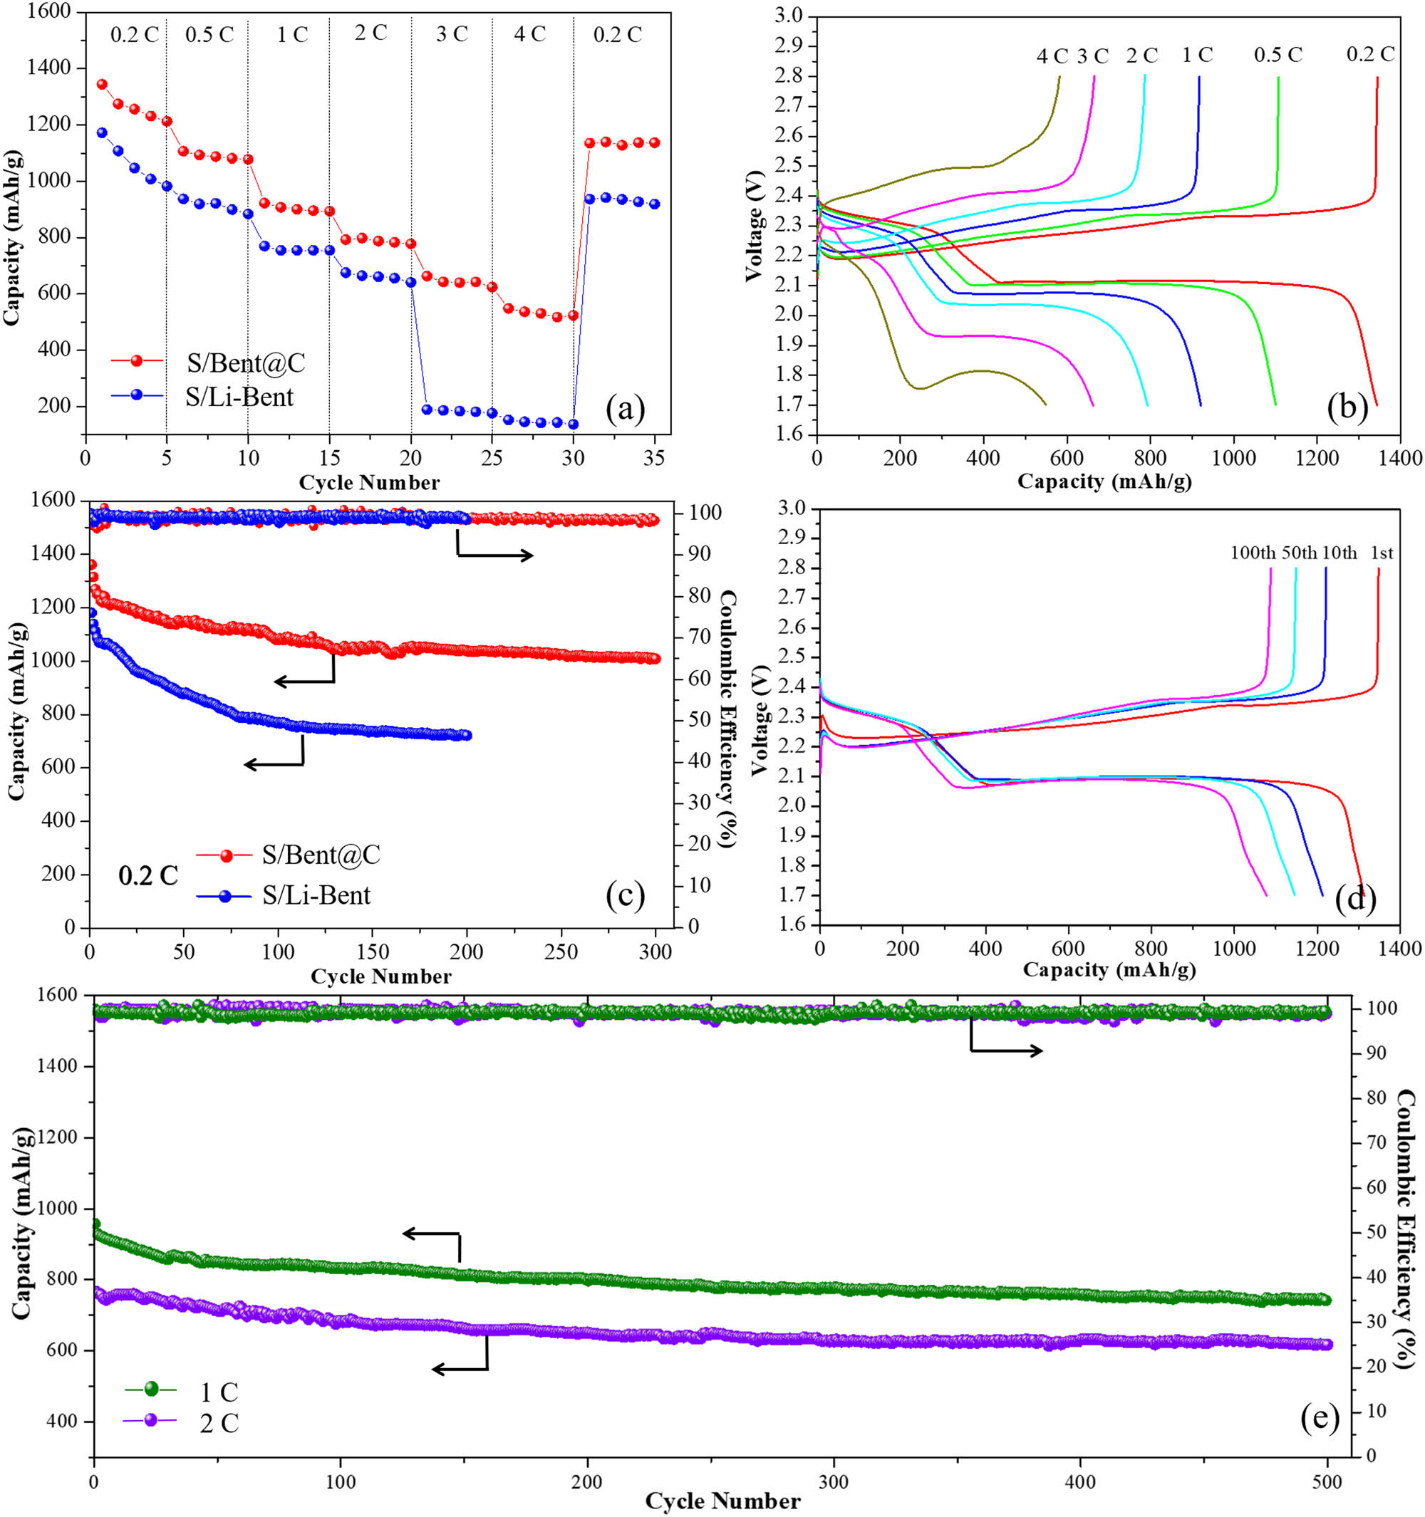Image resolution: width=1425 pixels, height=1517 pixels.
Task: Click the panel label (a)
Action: point(625,409)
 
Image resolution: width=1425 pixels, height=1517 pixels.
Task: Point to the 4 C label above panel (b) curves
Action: point(1051,56)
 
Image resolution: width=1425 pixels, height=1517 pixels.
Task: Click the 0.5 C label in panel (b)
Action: point(1278,55)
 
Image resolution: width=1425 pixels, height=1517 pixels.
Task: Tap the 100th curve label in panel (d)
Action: point(1252,553)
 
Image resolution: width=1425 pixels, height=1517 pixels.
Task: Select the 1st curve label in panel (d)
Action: point(1382,553)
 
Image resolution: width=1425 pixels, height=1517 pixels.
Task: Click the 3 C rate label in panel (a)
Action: point(451,34)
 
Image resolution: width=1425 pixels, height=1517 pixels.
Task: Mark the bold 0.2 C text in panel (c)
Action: point(148,875)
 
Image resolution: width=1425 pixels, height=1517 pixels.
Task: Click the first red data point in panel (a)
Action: point(101,84)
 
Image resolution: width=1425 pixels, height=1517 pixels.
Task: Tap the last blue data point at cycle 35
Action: point(654,204)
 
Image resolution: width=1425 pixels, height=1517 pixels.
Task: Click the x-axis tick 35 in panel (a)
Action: point(654,458)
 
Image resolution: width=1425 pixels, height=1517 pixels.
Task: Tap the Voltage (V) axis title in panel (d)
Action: point(759,718)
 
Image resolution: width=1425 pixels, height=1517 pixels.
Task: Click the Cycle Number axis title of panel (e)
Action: point(722,1502)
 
